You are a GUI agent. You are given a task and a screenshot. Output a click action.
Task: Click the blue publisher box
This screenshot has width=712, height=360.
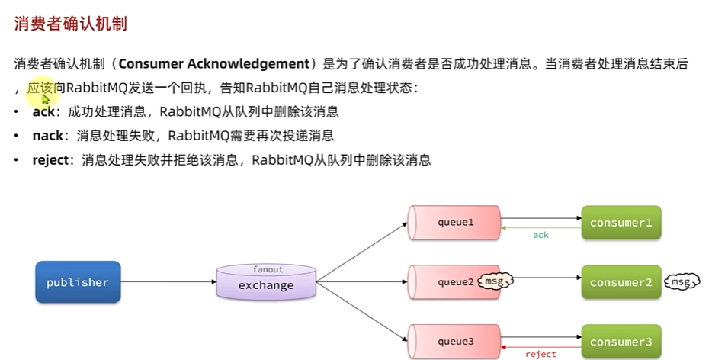[x=78, y=282]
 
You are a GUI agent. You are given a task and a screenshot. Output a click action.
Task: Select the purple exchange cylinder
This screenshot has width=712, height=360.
[x=266, y=283]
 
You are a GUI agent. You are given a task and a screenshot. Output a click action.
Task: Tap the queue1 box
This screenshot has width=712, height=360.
[x=455, y=223]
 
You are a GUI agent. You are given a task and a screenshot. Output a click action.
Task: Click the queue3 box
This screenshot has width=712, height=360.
[x=455, y=342]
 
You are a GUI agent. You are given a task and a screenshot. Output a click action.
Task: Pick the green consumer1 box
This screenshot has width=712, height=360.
[x=621, y=223]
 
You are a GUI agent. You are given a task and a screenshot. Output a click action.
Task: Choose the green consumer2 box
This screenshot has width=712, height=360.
[x=621, y=282]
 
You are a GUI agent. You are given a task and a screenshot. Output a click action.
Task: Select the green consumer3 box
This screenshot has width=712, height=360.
[x=621, y=342]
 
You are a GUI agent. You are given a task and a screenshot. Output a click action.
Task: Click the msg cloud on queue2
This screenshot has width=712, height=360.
[x=495, y=282]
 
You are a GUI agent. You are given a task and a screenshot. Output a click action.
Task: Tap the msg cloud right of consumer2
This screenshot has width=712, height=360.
[x=682, y=282]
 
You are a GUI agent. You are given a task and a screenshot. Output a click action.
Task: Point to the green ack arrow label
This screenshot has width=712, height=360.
[x=540, y=235]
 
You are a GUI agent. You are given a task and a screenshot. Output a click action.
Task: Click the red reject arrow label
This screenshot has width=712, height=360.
[x=540, y=354]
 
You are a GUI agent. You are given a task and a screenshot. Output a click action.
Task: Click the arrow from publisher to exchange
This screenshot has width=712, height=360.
[x=168, y=282]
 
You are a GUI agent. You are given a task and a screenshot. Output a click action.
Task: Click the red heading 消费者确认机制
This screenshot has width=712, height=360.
[x=70, y=24]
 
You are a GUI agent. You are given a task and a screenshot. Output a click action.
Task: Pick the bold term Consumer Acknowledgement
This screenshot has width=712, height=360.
[x=214, y=64]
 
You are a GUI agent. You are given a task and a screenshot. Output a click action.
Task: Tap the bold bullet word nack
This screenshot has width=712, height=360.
[x=47, y=136]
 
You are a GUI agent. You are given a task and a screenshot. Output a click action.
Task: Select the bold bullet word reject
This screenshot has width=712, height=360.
[x=50, y=160]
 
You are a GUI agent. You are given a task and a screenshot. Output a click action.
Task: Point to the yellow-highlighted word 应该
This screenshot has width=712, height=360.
[x=40, y=88]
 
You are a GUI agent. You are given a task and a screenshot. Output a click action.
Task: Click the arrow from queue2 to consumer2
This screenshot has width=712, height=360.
[x=547, y=282]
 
